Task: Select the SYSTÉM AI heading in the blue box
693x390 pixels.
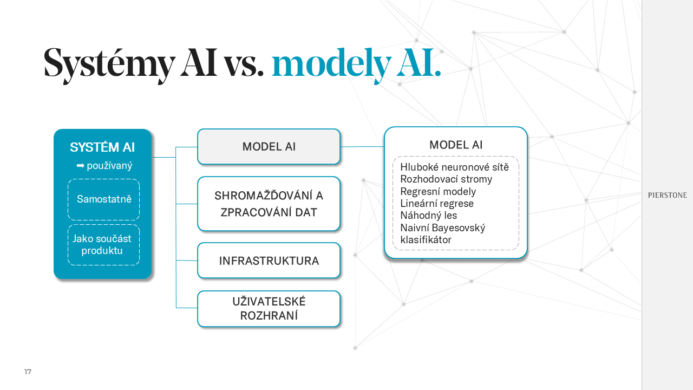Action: pos(102,147)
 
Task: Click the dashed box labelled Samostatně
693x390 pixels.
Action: pos(103,199)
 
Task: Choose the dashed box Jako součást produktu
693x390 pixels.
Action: pos(103,245)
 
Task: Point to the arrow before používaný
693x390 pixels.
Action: pos(80,166)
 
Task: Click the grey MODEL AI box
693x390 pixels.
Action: pos(269,147)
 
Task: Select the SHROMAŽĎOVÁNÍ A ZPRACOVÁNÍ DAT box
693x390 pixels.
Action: pos(269,204)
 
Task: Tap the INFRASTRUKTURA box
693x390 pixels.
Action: pos(269,261)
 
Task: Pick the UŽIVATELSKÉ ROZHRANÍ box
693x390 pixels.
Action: pos(269,309)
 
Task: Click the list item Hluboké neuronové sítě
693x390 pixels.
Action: pos(454,167)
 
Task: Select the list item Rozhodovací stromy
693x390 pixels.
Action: pos(446,179)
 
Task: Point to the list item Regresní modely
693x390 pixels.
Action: pos(438,191)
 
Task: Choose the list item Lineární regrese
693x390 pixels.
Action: pos(437,204)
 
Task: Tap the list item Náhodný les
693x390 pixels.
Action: pos(428,216)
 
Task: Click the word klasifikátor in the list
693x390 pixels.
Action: pos(426,239)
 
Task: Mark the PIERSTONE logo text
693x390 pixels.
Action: pos(667,196)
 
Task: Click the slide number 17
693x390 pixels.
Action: pos(28,372)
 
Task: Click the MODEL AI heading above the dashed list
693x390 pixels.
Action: pos(456,145)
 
